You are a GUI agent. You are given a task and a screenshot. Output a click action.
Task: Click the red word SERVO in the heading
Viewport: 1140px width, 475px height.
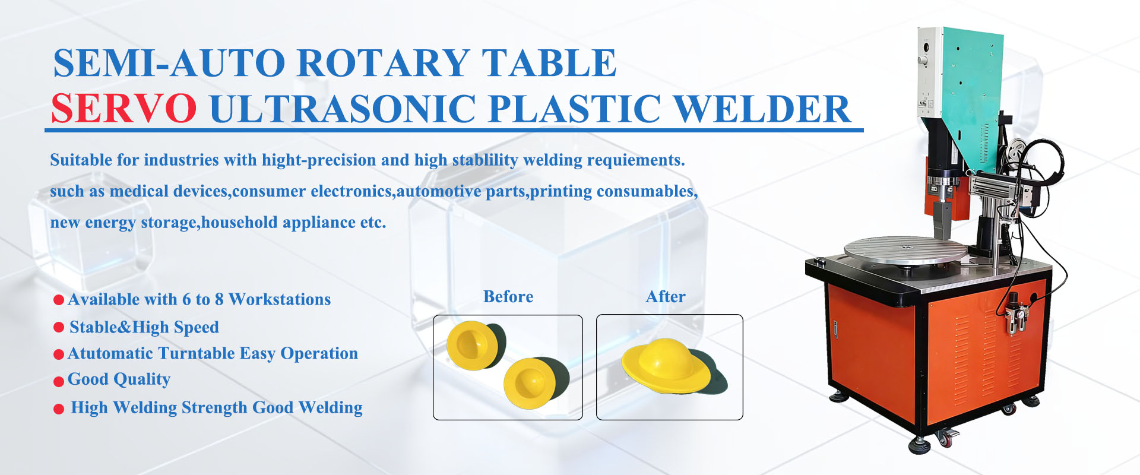point(123,109)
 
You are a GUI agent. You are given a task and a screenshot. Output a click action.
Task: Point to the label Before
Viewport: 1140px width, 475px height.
point(508,296)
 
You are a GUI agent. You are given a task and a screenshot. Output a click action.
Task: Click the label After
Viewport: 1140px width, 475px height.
point(666,296)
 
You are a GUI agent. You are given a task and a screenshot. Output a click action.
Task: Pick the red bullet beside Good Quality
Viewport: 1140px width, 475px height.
point(59,381)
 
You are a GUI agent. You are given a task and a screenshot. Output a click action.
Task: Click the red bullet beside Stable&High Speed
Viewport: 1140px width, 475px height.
point(59,327)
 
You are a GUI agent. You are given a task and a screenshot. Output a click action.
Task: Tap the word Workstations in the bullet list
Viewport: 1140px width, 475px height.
point(280,299)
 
